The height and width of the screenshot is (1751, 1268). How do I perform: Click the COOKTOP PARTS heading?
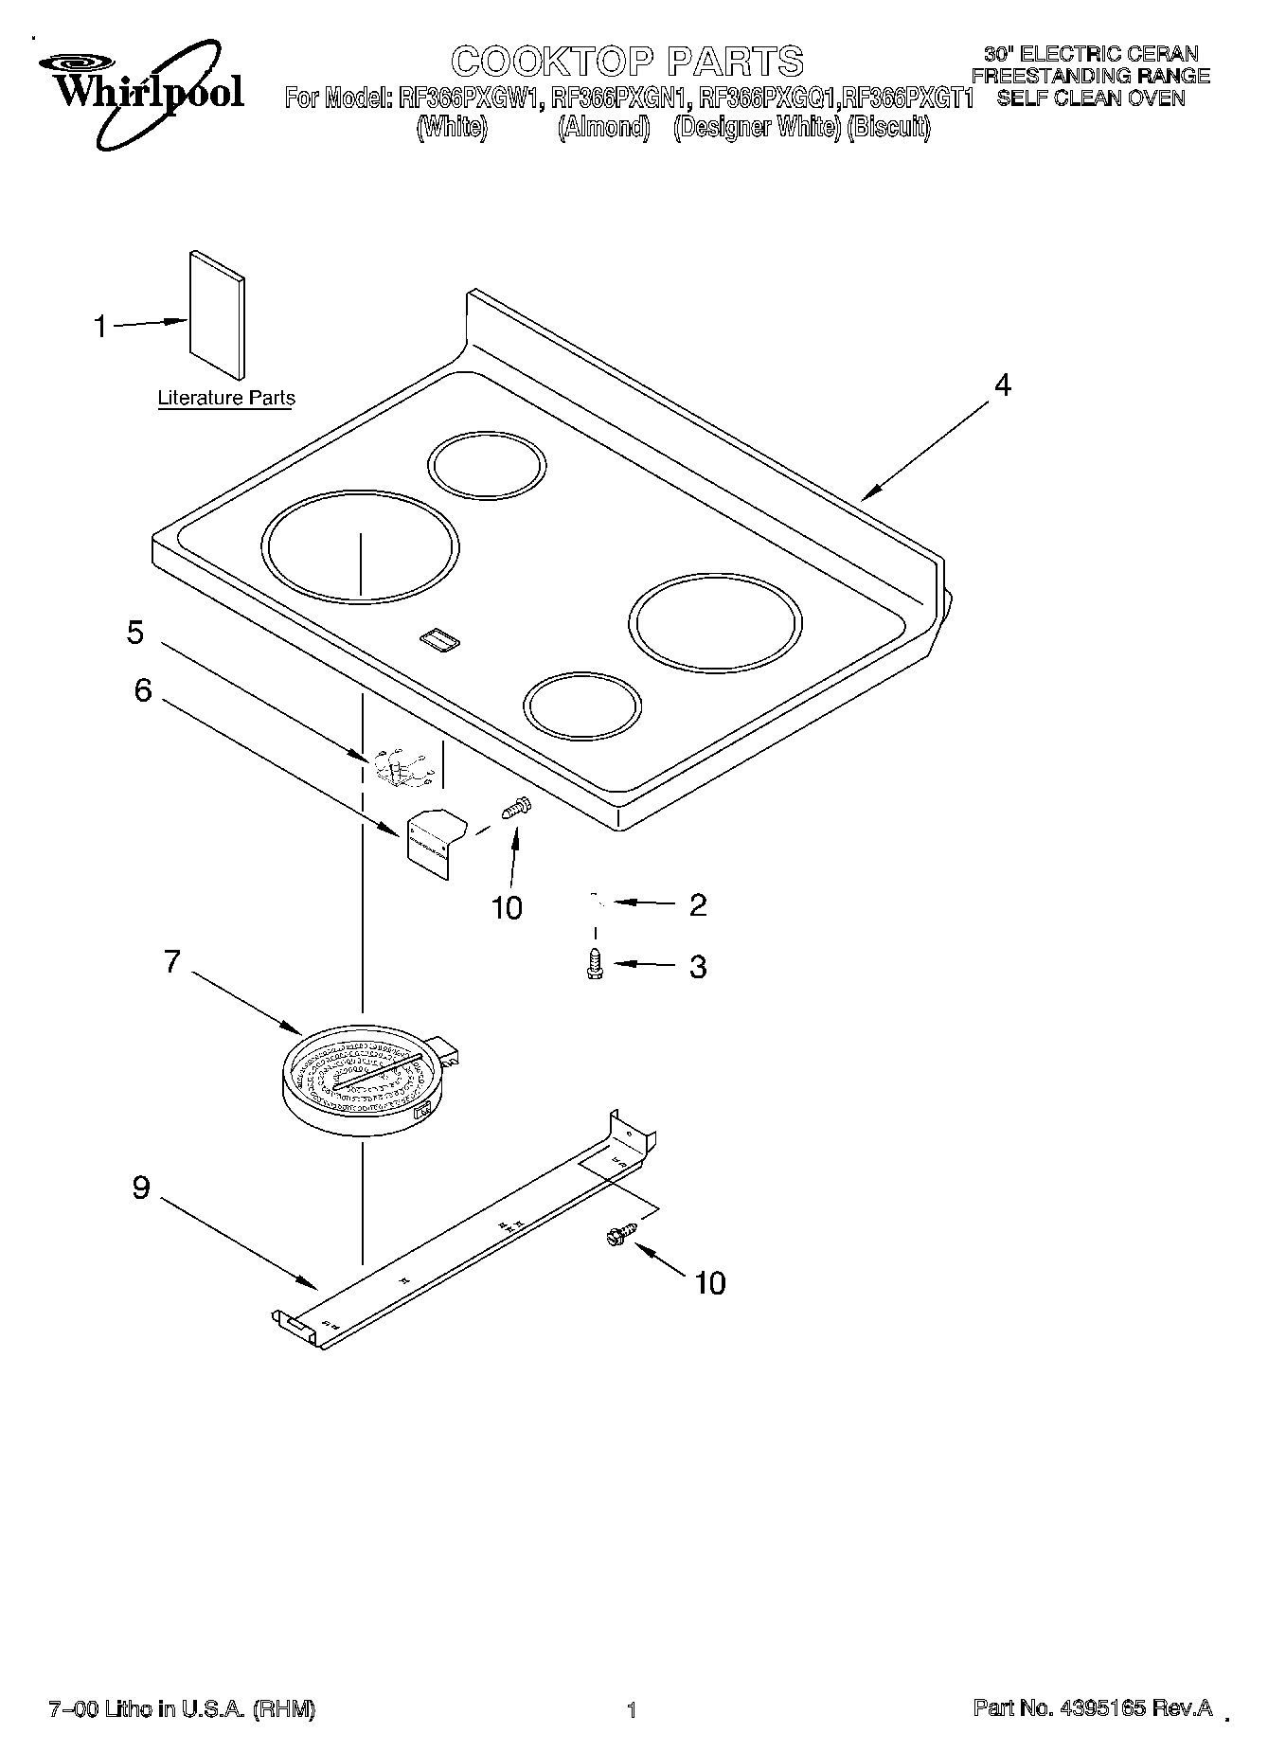627,62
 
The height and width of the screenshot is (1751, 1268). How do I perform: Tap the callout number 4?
1002,385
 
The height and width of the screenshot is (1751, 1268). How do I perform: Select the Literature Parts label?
226,399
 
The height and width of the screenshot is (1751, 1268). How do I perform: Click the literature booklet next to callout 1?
217,315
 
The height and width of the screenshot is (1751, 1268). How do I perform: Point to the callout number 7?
171,962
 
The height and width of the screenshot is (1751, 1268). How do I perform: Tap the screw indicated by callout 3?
595,964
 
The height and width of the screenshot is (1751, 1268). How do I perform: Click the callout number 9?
141,1188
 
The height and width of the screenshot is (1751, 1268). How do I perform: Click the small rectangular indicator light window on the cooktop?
439,641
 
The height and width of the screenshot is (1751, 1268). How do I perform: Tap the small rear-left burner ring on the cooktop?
487,466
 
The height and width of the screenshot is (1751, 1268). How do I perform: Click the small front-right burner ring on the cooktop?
582,706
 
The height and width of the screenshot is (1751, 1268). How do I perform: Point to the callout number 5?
135,633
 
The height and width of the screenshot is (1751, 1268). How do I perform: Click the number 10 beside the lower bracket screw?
709,1283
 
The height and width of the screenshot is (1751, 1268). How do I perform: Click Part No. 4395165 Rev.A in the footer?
1093,1708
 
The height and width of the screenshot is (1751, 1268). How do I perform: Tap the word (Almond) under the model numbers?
603,128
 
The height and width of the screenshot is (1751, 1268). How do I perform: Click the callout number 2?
698,905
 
